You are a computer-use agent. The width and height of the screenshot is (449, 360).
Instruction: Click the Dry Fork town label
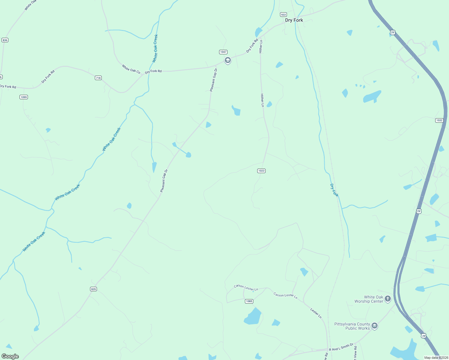tap(294, 20)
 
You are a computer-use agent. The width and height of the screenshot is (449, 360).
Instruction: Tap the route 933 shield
tap(283, 14)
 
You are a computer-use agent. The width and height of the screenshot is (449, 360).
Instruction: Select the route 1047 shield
tap(223, 52)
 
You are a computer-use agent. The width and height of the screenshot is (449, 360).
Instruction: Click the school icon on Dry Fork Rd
tap(228, 61)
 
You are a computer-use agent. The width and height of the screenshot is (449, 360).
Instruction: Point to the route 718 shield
tap(98, 78)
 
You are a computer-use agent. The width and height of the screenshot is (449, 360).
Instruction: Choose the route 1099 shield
tap(24, 97)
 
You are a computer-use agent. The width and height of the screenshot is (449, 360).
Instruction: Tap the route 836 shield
tap(5, 40)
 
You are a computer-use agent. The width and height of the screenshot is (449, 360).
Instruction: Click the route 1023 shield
tap(261, 171)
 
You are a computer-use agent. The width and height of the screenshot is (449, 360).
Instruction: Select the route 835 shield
tap(93, 289)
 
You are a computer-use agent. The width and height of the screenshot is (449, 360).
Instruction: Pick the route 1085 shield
tap(249, 301)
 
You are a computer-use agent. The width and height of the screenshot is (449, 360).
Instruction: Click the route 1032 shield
tap(439, 120)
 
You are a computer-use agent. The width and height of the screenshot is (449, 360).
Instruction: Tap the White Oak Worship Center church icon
tap(388, 298)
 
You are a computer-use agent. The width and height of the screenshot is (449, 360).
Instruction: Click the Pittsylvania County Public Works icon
tap(374, 326)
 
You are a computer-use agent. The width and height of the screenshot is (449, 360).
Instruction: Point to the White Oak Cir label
tap(131, 69)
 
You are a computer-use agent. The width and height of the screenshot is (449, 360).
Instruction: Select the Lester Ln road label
tap(316, 313)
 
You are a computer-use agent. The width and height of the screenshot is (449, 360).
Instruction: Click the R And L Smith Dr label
tap(341, 347)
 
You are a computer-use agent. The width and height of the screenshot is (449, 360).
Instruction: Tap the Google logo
tap(10, 356)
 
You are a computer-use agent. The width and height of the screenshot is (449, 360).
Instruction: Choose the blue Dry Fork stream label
tap(334, 190)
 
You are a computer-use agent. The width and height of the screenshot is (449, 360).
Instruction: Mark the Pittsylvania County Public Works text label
tap(352, 326)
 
